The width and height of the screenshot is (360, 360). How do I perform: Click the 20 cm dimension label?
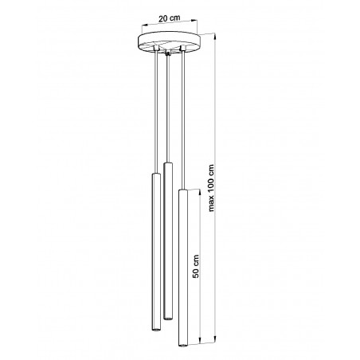tap(169, 18)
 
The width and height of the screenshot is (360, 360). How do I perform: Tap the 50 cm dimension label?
tap(196, 266)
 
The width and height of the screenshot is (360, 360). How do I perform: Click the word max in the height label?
tap(211, 205)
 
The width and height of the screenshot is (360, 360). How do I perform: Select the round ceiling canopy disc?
tap(169, 41)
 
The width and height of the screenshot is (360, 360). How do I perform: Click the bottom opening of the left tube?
tap(156, 330)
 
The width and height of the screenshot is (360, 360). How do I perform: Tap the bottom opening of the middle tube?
tap(168, 318)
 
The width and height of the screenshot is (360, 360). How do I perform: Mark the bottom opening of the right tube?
tap(183, 345)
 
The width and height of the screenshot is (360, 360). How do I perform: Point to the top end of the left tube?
tap(156, 174)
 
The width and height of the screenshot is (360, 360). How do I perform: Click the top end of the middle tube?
tap(168, 163)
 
